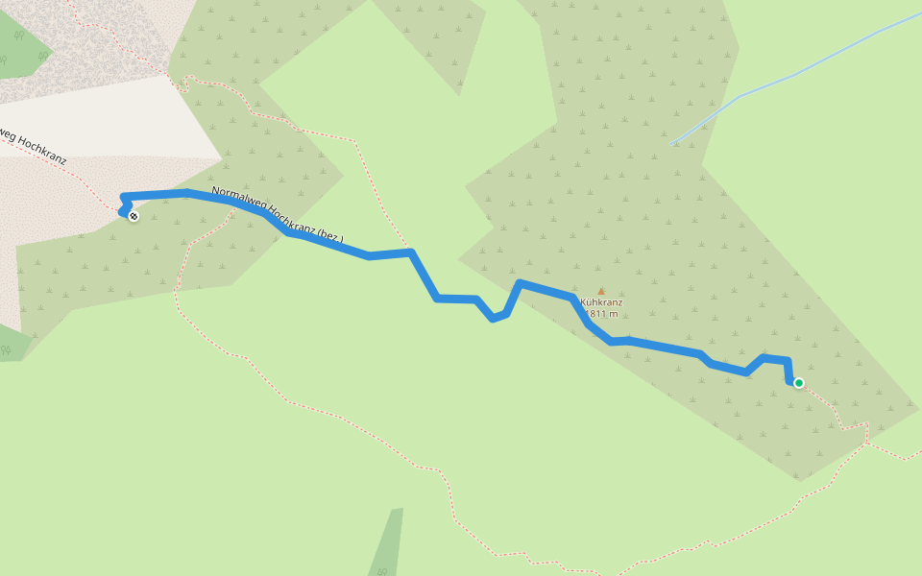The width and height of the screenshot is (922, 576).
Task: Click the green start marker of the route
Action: click(x=798, y=383)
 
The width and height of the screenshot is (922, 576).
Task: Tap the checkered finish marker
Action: click(x=133, y=216)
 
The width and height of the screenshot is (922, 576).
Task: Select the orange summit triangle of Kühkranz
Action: click(x=601, y=291)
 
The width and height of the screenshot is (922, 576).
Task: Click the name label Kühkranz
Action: click(x=601, y=302)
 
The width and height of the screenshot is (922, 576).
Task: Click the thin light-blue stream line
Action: click(x=797, y=73)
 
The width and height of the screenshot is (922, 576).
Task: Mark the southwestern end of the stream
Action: click(x=672, y=144)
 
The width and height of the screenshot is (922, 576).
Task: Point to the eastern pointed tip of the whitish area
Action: click(x=221, y=156)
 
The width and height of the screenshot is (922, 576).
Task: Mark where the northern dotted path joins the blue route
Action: click(x=410, y=252)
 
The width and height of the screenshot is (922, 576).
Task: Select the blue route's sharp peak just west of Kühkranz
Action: click(x=520, y=283)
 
